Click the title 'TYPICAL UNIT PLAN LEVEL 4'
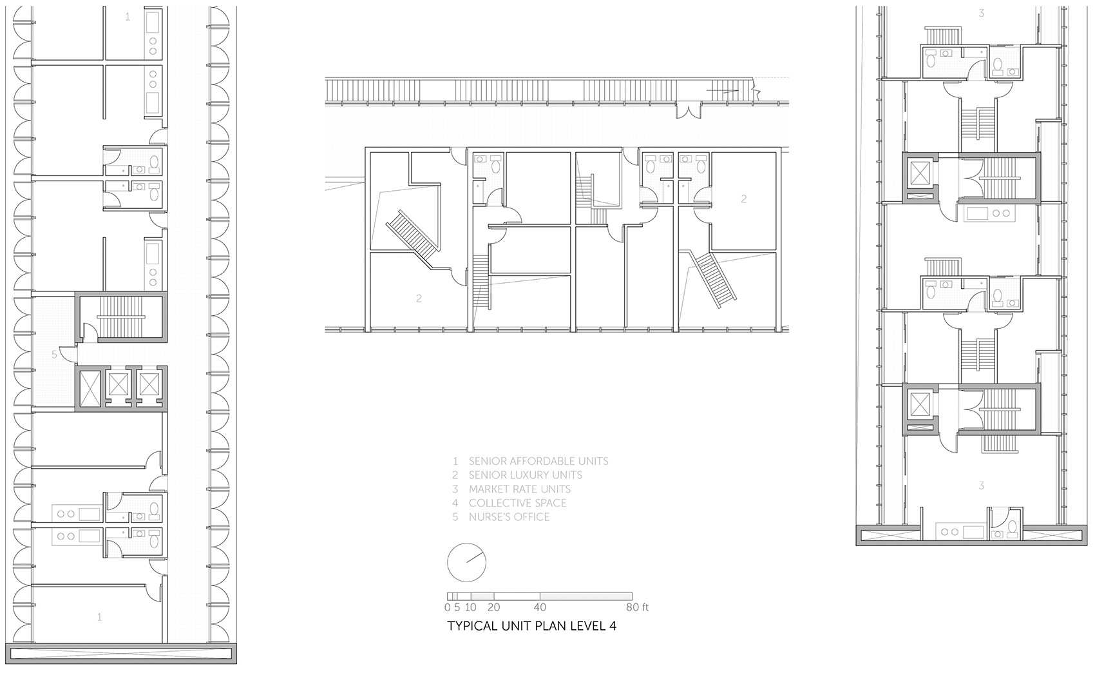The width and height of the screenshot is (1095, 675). [531, 626]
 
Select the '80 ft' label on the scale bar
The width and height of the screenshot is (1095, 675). [637, 607]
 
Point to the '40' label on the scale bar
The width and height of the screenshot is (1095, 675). [540, 607]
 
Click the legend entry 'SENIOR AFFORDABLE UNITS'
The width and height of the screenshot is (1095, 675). [538, 461]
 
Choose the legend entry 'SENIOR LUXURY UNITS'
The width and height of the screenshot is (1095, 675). [526, 475]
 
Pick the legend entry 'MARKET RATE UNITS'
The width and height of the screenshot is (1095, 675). [520, 489]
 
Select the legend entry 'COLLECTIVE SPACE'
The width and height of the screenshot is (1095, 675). [518, 503]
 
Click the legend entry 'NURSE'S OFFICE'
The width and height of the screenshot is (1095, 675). [509, 517]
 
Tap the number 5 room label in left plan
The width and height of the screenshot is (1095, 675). [54, 354]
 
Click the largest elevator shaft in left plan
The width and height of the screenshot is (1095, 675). [90, 389]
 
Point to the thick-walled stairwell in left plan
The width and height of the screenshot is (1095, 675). [121, 317]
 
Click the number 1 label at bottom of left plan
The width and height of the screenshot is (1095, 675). [99, 617]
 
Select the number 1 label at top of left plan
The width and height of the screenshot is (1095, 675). [128, 17]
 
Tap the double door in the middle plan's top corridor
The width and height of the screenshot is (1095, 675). [689, 112]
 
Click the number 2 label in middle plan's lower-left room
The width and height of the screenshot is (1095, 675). [419, 298]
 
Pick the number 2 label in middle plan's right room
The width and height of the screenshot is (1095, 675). [743, 199]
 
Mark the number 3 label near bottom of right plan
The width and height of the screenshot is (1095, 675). [981, 485]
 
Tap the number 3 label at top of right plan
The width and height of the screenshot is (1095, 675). [981, 14]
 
